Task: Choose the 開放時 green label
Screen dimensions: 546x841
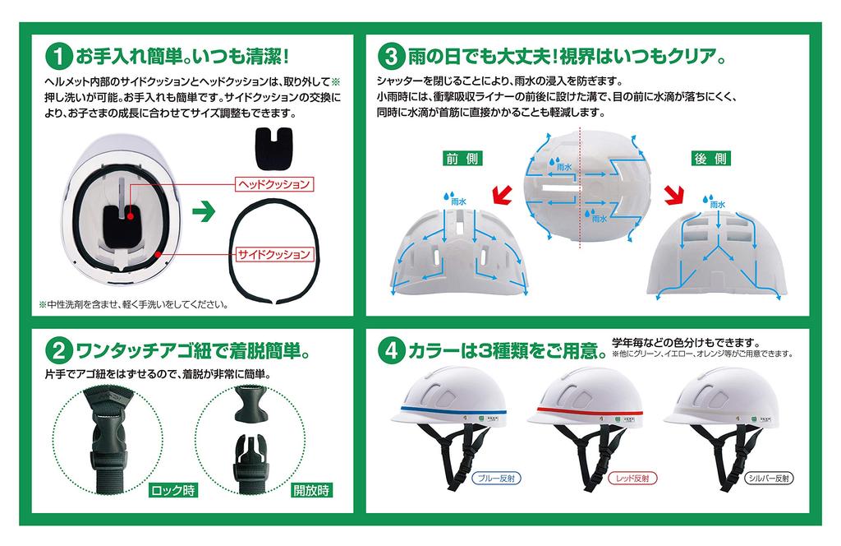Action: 311,491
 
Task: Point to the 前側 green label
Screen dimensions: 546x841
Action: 462,159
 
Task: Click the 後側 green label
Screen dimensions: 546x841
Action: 711,159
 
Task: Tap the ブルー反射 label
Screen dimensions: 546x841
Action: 499,477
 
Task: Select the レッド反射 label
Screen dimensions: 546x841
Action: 633,477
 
